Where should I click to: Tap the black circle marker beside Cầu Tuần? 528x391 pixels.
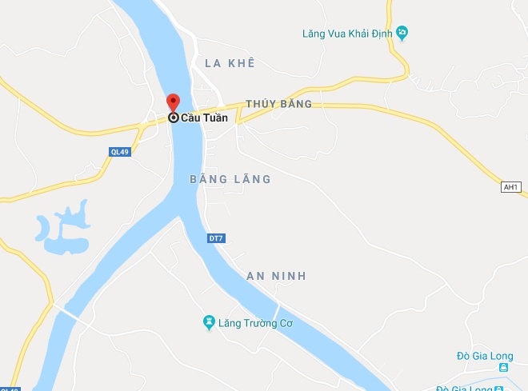pyautogui.click(x=173, y=118)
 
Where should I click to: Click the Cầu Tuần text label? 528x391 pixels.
pyautogui.click(x=204, y=118)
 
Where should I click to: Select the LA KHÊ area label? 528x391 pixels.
pyautogui.click(x=229, y=62)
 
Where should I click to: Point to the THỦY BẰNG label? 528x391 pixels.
pyautogui.click(x=278, y=105)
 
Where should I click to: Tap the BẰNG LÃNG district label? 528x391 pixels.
pyautogui.click(x=230, y=179)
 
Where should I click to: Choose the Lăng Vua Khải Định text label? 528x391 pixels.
pyautogui.click(x=346, y=33)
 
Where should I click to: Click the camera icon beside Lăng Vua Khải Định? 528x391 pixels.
pyautogui.click(x=402, y=33)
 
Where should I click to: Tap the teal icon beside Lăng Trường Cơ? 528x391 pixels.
pyautogui.click(x=209, y=322)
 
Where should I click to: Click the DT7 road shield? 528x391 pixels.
pyautogui.click(x=215, y=237)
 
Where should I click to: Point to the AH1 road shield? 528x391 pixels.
pyautogui.click(x=510, y=187)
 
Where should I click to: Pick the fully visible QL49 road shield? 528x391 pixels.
pyautogui.click(x=119, y=151)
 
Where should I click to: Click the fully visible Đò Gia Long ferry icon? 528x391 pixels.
pyautogui.click(x=502, y=368)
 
